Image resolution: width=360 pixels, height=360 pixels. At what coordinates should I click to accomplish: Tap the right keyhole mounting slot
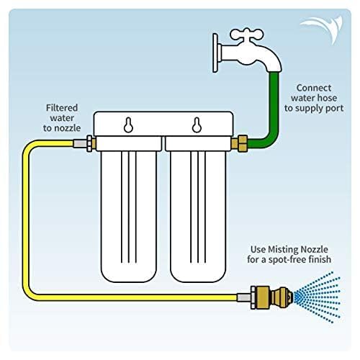click(194, 124)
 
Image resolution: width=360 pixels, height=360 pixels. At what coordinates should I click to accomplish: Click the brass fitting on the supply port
click(241, 140)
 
